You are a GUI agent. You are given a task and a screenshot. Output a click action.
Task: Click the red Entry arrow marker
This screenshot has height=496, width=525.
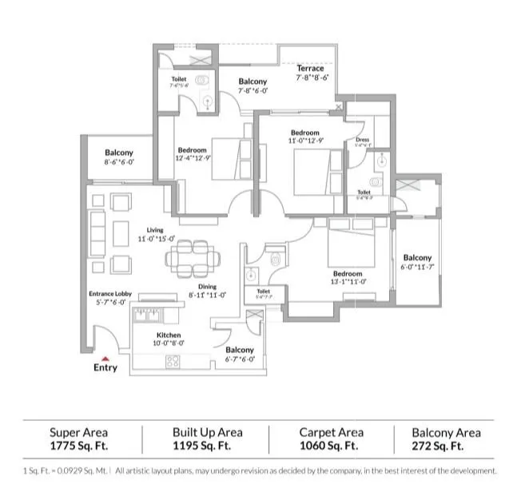[105, 359]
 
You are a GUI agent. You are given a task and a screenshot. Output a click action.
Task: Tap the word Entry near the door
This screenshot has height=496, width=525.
[105, 368]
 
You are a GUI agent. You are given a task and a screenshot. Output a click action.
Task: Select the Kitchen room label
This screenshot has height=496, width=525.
[169, 335]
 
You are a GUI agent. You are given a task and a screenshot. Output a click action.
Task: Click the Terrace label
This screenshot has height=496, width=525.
[310, 69]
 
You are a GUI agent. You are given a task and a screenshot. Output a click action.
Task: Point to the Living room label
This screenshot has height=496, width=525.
[154, 230]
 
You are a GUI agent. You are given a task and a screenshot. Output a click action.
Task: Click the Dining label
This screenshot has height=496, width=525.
[207, 287]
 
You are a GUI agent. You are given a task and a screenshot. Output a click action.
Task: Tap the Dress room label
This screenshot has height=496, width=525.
[363, 140]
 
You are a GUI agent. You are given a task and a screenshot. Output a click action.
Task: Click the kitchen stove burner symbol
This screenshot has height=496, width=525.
[173, 360]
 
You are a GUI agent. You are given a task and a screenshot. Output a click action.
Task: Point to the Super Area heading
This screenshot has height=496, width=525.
[78, 432]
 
